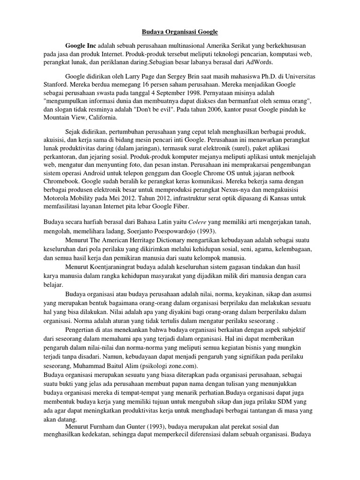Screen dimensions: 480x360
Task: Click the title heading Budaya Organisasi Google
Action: pos(180,32)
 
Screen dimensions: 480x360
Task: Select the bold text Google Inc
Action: pos(80,45)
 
